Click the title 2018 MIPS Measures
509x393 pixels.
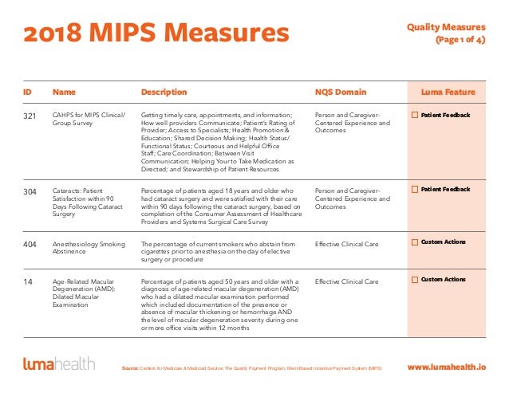coord(155,33)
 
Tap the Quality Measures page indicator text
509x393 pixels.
coord(452,33)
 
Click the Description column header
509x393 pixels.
coord(164,92)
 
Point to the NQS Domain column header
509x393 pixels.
coord(341,92)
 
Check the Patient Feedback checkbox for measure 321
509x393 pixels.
coord(415,116)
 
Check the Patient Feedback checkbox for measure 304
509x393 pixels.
coord(415,190)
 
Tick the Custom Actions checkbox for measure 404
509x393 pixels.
coord(415,242)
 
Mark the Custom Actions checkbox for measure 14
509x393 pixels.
coord(415,280)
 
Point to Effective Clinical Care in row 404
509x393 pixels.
coord(347,243)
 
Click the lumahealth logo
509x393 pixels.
coord(58,365)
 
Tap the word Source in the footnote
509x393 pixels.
coord(131,368)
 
